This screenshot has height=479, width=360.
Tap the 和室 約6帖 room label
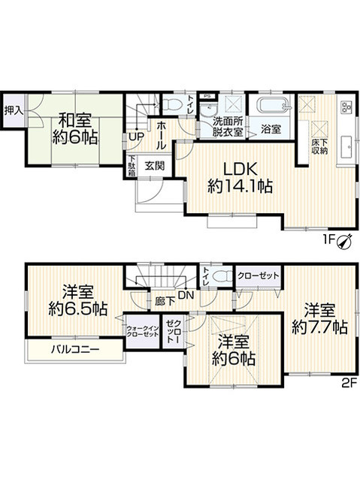click(x=74, y=127)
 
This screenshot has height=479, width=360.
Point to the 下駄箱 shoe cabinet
click(x=132, y=165)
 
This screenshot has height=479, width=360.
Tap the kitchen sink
click(x=347, y=146)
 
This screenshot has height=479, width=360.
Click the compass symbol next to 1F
click(x=345, y=241)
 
